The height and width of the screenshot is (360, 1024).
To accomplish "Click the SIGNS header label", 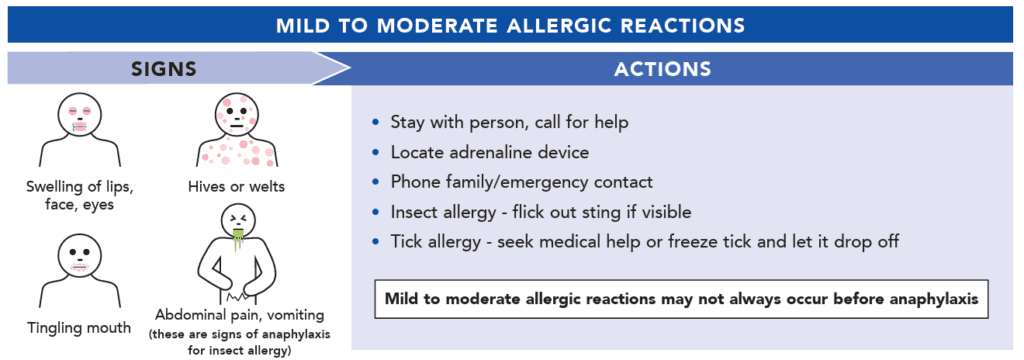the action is pyautogui.click(x=165, y=69).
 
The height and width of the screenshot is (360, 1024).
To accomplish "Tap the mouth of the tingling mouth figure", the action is pyautogui.click(x=80, y=267).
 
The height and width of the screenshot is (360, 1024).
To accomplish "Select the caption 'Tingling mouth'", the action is pyautogui.click(x=80, y=328).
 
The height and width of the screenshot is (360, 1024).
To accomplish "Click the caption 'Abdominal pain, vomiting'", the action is pyautogui.click(x=240, y=315).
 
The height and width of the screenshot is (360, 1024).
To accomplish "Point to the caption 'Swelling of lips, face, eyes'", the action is pyautogui.click(x=80, y=195).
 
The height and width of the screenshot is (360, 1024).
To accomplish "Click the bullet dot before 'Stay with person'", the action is pyautogui.click(x=375, y=122).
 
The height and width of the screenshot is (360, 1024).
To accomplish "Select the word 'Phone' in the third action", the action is pyautogui.click(x=412, y=182).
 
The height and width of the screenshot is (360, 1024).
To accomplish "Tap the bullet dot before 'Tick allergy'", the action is pyautogui.click(x=375, y=242).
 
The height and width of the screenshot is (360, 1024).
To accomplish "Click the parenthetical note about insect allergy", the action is pyautogui.click(x=240, y=342).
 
